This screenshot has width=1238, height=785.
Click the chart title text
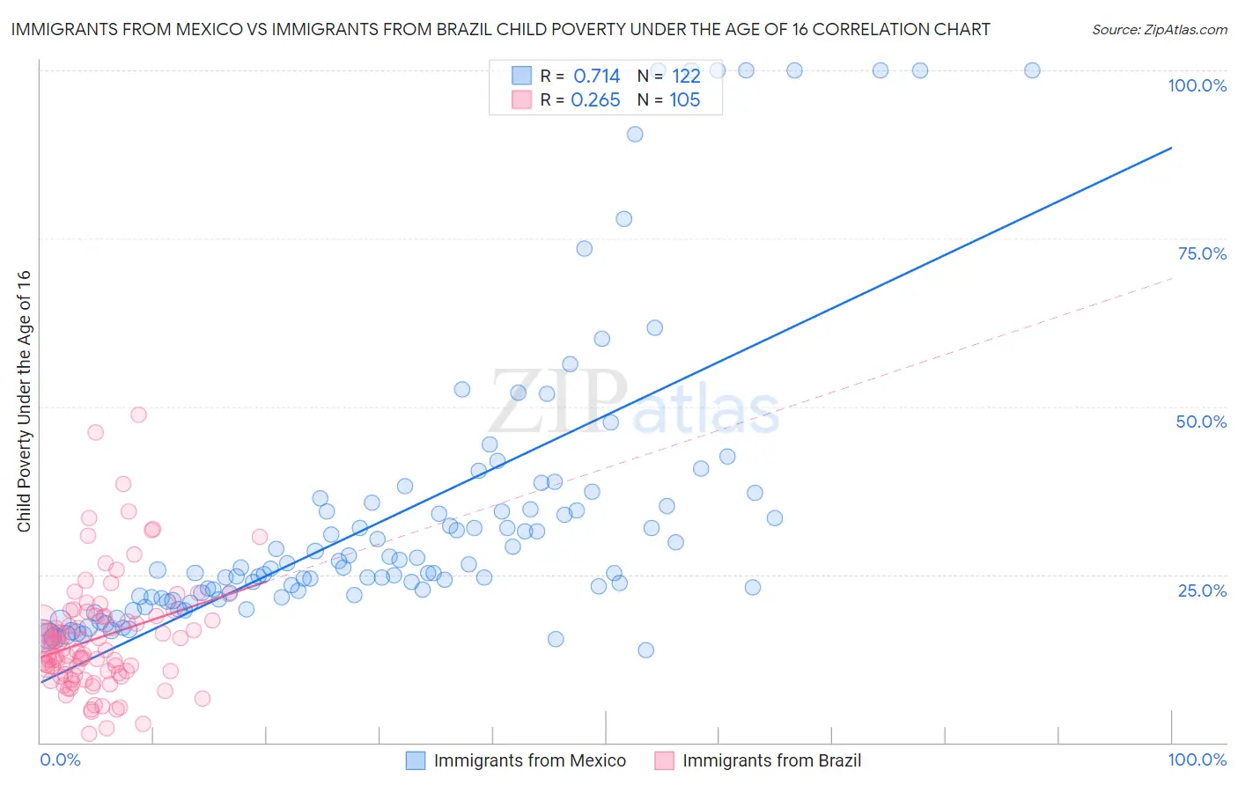[500, 29]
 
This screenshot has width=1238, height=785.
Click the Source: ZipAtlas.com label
[1159, 29]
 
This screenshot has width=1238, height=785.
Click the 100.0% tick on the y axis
[1197, 85]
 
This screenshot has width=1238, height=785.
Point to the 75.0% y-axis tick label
[1201, 253]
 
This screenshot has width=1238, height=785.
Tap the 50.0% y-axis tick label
[1200, 422]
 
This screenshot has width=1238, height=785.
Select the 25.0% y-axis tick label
[1201, 590]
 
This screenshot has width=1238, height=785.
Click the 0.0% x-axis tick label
[60, 759]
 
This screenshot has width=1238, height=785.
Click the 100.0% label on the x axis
[1197, 759]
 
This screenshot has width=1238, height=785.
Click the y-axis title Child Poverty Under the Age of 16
[24, 400]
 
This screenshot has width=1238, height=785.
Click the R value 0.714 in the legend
[596, 77]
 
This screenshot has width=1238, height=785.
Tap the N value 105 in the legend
[684, 100]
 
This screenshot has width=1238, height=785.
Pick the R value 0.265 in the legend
[595, 100]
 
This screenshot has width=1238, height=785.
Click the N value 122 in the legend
[686, 77]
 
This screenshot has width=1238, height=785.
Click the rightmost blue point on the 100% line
[1032, 70]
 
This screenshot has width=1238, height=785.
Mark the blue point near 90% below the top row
[635, 135]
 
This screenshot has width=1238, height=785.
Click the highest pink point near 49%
[138, 415]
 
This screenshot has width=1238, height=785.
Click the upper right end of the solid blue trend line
[1171, 148]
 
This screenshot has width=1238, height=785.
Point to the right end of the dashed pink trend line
[1172, 278]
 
